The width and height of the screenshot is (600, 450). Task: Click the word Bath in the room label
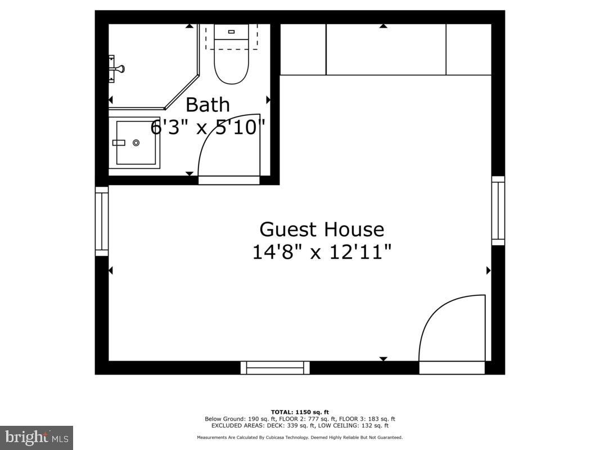coord(207,105)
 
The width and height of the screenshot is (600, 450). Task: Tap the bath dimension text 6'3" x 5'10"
coord(207,128)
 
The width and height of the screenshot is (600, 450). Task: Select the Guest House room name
coord(322,229)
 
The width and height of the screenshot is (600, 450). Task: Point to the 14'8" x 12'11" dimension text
coord(322,251)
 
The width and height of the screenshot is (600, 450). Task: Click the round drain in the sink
coord(136,143)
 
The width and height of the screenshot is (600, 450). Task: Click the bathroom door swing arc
coord(225,146)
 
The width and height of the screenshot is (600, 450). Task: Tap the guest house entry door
coord(452,329)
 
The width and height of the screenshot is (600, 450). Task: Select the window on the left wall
coord(102,221)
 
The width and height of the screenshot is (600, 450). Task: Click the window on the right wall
coord(498,211)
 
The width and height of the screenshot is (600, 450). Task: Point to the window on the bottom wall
coord(275,368)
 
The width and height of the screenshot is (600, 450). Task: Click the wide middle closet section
coord(386,49)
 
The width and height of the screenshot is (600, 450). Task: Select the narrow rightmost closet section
coord(468,49)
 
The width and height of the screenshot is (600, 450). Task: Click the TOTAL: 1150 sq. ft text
coord(299,412)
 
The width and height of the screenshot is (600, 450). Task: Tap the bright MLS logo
coord(37,437)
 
